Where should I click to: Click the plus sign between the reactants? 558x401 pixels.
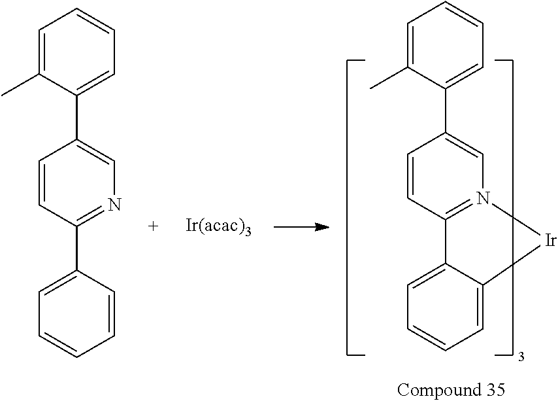tap(153, 226)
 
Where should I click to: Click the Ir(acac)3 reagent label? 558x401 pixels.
tap(218, 226)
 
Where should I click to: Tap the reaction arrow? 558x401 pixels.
tap(301, 227)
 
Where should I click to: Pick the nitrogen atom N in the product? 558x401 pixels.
tap(484, 198)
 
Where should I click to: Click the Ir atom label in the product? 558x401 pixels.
tap(550, 241)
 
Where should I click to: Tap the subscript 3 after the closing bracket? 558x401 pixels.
tap(521, 357)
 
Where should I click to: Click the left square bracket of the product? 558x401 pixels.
tap(348, 207)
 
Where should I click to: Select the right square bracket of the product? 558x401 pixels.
tap(512, 207)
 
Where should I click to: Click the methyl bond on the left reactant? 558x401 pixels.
tap(21, 85)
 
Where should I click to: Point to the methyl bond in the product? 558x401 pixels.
tap(389, 77)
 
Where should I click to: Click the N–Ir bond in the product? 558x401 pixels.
tap(516, 220)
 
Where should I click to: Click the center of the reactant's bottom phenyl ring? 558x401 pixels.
tap(77, 313)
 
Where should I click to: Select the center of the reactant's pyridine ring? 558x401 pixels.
tap(77, 183)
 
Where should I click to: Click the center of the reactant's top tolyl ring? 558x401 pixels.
tap(77, 52)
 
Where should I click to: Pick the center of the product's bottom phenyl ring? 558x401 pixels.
tap(445, 307)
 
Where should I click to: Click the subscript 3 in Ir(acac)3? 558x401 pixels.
tap(248, 232)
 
